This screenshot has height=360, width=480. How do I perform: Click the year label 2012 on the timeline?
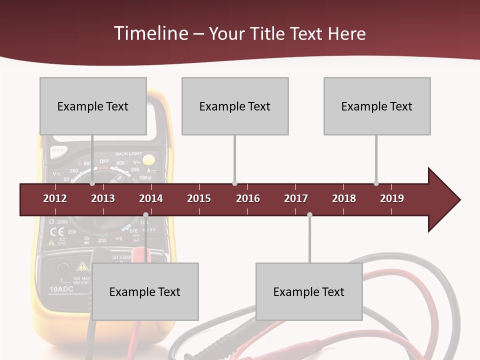point(55,198)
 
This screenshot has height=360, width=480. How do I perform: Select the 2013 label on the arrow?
point(103,198)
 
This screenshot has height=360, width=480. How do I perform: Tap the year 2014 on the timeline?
point(151,198)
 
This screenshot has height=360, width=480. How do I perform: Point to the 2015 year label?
point(199,198)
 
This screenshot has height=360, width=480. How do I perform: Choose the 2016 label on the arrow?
point(248,198)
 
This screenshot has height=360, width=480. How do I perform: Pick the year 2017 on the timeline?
point(296,198)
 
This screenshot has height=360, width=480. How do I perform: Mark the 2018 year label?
point(344,198)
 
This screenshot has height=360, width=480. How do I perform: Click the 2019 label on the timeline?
point(392,198)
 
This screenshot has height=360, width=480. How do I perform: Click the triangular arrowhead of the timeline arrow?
point(443,199)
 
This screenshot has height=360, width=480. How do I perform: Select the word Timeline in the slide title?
point(150,33)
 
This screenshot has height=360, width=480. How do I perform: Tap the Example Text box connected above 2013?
point(93,106)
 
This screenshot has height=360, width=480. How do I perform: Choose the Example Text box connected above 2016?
point(235,106)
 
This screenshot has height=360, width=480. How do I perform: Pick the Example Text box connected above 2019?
point(377,106)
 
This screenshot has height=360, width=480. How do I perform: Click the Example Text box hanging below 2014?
point(145,291)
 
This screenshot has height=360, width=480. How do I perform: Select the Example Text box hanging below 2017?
point(309,291)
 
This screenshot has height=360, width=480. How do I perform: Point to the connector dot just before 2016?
point(235,183)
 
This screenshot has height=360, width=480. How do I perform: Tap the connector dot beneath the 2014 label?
point(145,215)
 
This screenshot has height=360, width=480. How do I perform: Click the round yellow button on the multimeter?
point(148,160)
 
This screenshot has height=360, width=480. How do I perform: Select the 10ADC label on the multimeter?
point(62,289)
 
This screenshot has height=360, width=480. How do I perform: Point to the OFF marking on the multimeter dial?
point(104,161)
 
